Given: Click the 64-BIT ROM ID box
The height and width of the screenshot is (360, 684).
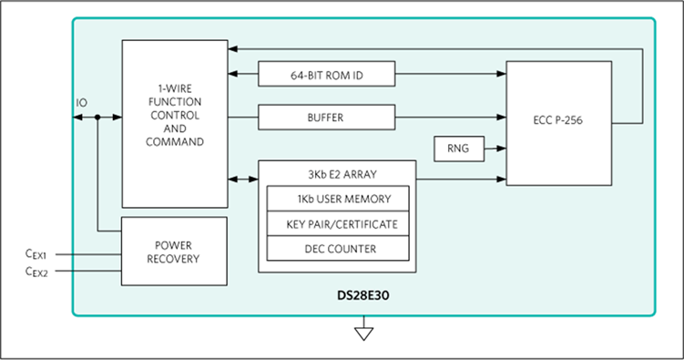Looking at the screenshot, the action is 327,74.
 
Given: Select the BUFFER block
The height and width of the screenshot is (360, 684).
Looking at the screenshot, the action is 327,118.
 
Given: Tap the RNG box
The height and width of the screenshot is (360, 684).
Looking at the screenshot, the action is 459,149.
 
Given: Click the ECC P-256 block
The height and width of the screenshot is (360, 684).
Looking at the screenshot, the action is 559,123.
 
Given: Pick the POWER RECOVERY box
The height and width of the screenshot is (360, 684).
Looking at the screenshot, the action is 174,252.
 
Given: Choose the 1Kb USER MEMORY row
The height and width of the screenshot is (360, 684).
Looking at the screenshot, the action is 338,199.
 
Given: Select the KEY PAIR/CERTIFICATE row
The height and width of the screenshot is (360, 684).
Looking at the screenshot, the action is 338,224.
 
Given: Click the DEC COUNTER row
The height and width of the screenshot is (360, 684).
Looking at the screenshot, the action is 338,249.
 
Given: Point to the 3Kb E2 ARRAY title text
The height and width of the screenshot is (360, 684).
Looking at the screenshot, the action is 342,175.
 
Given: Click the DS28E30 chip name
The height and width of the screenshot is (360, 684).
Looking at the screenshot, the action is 363,295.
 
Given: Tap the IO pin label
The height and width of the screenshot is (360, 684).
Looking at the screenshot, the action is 82,103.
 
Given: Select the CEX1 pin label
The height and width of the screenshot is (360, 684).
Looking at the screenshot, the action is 36,254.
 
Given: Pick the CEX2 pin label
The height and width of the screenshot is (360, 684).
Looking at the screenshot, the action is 36,272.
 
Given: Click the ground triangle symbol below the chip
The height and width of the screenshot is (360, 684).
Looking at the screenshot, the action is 363,334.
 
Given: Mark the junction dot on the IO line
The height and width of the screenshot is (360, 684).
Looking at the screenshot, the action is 97,117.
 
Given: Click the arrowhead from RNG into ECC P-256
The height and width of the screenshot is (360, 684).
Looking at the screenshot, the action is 501,149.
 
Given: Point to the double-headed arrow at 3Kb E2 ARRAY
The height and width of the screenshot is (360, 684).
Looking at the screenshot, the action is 243,179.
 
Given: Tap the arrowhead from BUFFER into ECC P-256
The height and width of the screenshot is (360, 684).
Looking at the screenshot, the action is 501,117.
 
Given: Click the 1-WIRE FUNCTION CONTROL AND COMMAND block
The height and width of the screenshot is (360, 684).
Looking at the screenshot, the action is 175,124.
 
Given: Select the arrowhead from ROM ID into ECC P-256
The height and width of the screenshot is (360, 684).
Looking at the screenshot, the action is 501,74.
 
